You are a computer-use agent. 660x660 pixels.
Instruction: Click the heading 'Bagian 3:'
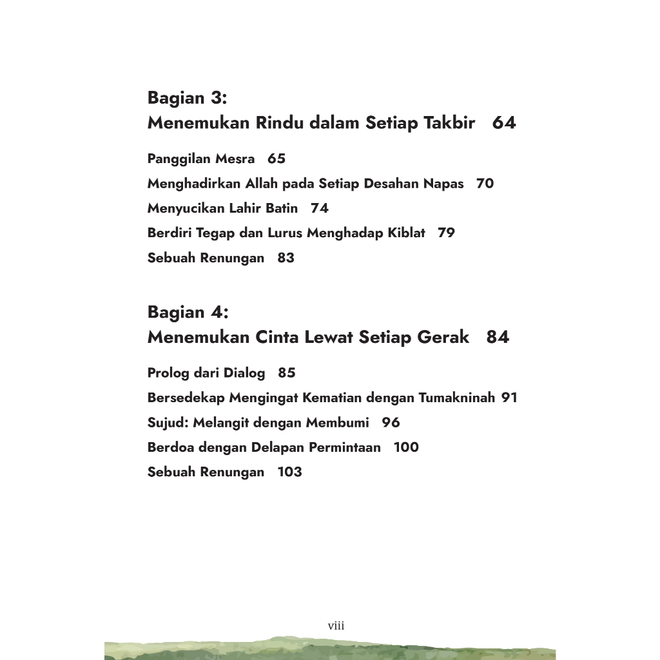pos(188,98)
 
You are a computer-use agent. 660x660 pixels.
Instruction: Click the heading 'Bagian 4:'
pos(188,312)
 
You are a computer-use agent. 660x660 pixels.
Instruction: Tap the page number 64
pos(504,122)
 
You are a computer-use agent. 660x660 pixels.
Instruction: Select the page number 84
pos(498,336)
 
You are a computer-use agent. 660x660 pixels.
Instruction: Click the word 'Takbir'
pos(449,122)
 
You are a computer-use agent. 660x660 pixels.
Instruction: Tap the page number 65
pos(277,159)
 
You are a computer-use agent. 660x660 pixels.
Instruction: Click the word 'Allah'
pos(261,184)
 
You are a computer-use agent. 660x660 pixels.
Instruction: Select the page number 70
pos(485,184)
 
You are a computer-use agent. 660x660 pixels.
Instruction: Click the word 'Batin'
pos(282,208)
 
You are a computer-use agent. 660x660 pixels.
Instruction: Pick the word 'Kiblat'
pos(406,233)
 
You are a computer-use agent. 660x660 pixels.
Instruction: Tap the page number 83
pos(286,258)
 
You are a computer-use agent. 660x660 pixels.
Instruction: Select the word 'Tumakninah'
pos(456,398)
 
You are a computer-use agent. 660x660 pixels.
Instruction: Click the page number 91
pos(509,398)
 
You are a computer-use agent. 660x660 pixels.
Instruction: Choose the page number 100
pos(406,447)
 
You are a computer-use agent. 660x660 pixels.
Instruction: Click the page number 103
pos(289,472)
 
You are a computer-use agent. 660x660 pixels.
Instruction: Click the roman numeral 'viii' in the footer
pos(336,626)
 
